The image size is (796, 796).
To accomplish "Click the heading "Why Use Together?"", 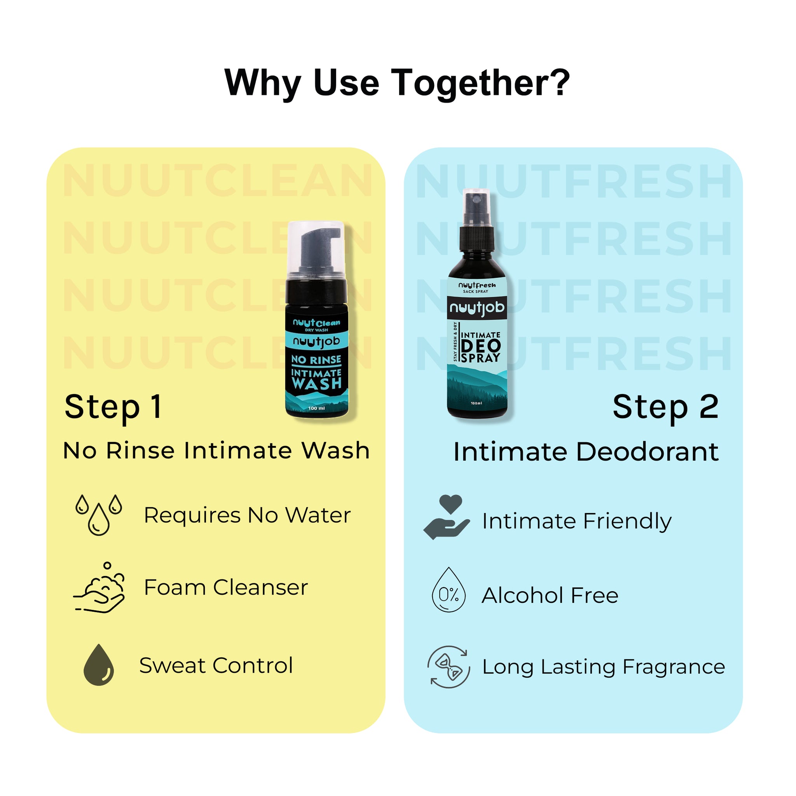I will click(x=397, y=83).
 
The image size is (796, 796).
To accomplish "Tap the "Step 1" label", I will click(x=113, y=407).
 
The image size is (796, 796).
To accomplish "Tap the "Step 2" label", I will click(x=665, y=407).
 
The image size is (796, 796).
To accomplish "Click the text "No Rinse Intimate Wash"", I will click(x=216, y=450).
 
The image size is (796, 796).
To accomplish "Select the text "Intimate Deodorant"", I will click(x=585, y=452).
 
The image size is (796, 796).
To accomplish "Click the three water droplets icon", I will click(x=99, y=515).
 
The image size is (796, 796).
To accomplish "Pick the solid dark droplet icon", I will click(x=98, y=665).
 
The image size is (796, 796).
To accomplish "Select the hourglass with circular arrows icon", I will click(x=449, y=667).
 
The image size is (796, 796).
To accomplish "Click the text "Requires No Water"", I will click(x=247, y=515).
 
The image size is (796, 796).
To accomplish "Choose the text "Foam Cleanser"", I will click(x=226, y=587).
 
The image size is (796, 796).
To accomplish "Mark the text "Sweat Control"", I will click(x=216, y=665).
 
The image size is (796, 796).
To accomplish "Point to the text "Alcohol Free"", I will click(x=550, y=595).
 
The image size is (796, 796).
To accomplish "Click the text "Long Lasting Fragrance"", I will click(x=603, y=667).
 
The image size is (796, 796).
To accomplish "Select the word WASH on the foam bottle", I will click(x=316, y=384).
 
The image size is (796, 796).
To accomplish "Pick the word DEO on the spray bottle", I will click(x=481, y=346).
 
